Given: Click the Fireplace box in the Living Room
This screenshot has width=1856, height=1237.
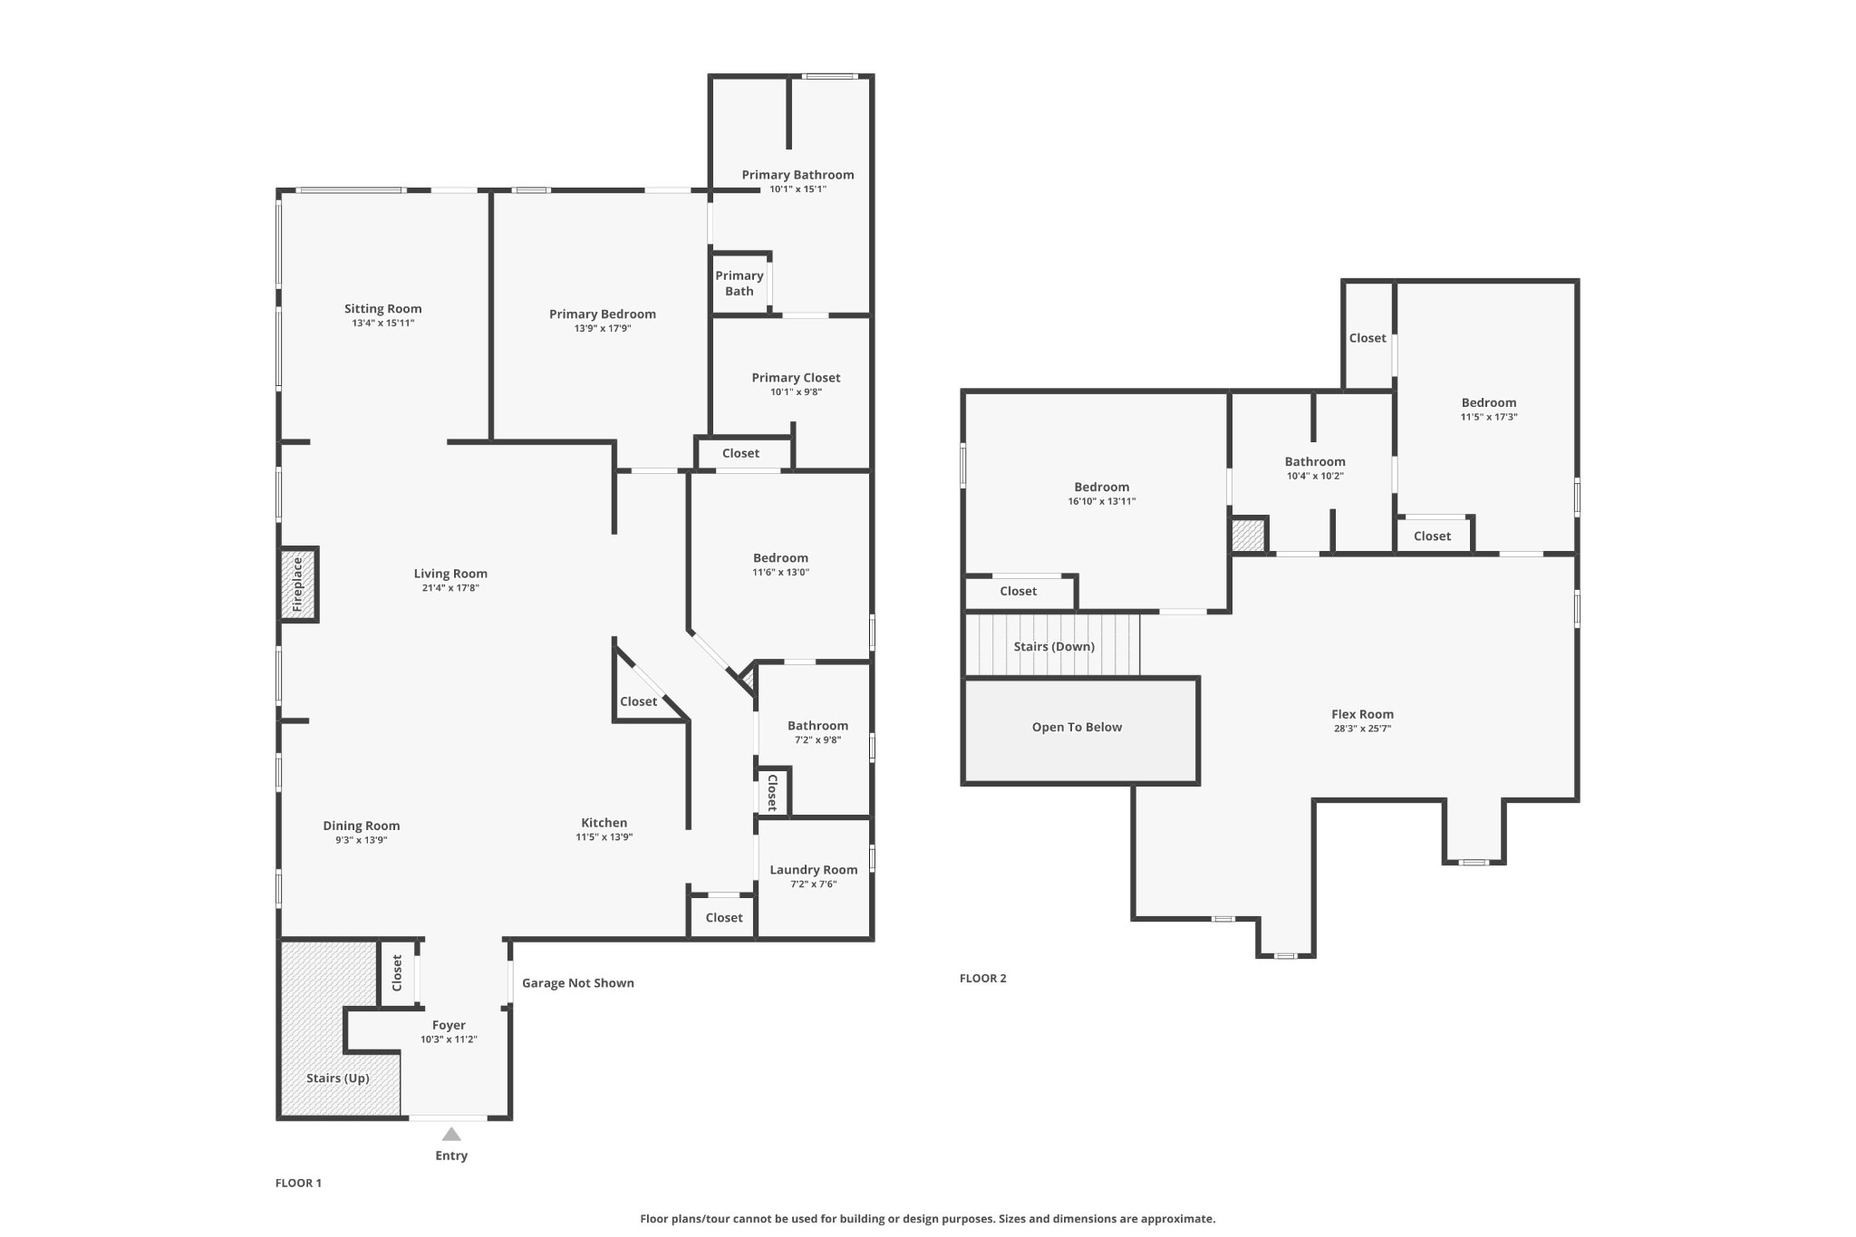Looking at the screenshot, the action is click(298, 585).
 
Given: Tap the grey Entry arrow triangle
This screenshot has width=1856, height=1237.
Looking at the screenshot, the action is click(451, 1134).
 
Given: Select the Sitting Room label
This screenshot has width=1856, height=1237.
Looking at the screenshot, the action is click(382, 309).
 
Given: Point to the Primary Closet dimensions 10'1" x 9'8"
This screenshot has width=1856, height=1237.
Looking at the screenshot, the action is click(796, 392).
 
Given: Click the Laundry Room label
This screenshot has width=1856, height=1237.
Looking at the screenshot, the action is click(813, 870).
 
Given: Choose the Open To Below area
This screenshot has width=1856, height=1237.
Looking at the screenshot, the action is click(1081, 730).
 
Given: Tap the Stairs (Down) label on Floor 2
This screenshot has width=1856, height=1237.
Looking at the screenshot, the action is click(1054, 647).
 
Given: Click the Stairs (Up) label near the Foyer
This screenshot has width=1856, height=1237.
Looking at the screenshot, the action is click(337, 1078).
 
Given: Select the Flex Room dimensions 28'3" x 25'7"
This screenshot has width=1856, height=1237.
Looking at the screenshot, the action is click(1362, 729).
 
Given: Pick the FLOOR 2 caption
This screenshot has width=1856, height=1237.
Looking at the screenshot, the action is click(982, 978).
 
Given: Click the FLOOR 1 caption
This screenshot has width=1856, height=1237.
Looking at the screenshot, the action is click(298, 1183).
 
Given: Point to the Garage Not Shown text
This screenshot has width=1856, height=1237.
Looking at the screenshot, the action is click(577, 983).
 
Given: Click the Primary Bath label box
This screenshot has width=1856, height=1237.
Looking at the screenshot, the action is click(739, 284).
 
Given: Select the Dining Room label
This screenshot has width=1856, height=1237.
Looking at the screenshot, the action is click(361, 826).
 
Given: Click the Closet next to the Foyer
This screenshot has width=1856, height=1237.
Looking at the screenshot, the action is click(397, 972).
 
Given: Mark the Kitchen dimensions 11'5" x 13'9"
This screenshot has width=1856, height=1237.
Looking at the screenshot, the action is click(604, 837).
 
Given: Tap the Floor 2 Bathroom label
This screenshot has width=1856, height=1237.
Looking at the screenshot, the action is click(1315, 461).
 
